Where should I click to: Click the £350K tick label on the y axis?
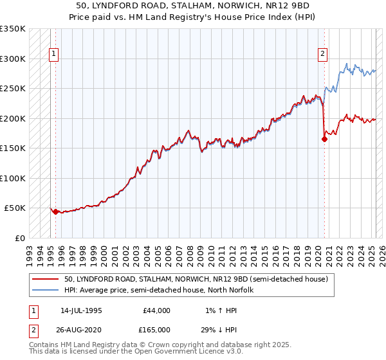(x=12, y=29)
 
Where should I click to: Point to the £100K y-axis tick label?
(x=12, y=178)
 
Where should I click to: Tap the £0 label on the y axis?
(x=19, y=238)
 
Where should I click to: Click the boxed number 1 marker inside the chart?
(x=55, y=55)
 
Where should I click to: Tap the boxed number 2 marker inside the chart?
(x=322, y=55)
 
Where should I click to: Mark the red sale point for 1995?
(x=55, y=212)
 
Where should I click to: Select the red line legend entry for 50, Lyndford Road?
(x=196, y=279)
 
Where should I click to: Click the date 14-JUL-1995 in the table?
(x=81, y=310)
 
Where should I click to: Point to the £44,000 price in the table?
(x=156, y=310)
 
